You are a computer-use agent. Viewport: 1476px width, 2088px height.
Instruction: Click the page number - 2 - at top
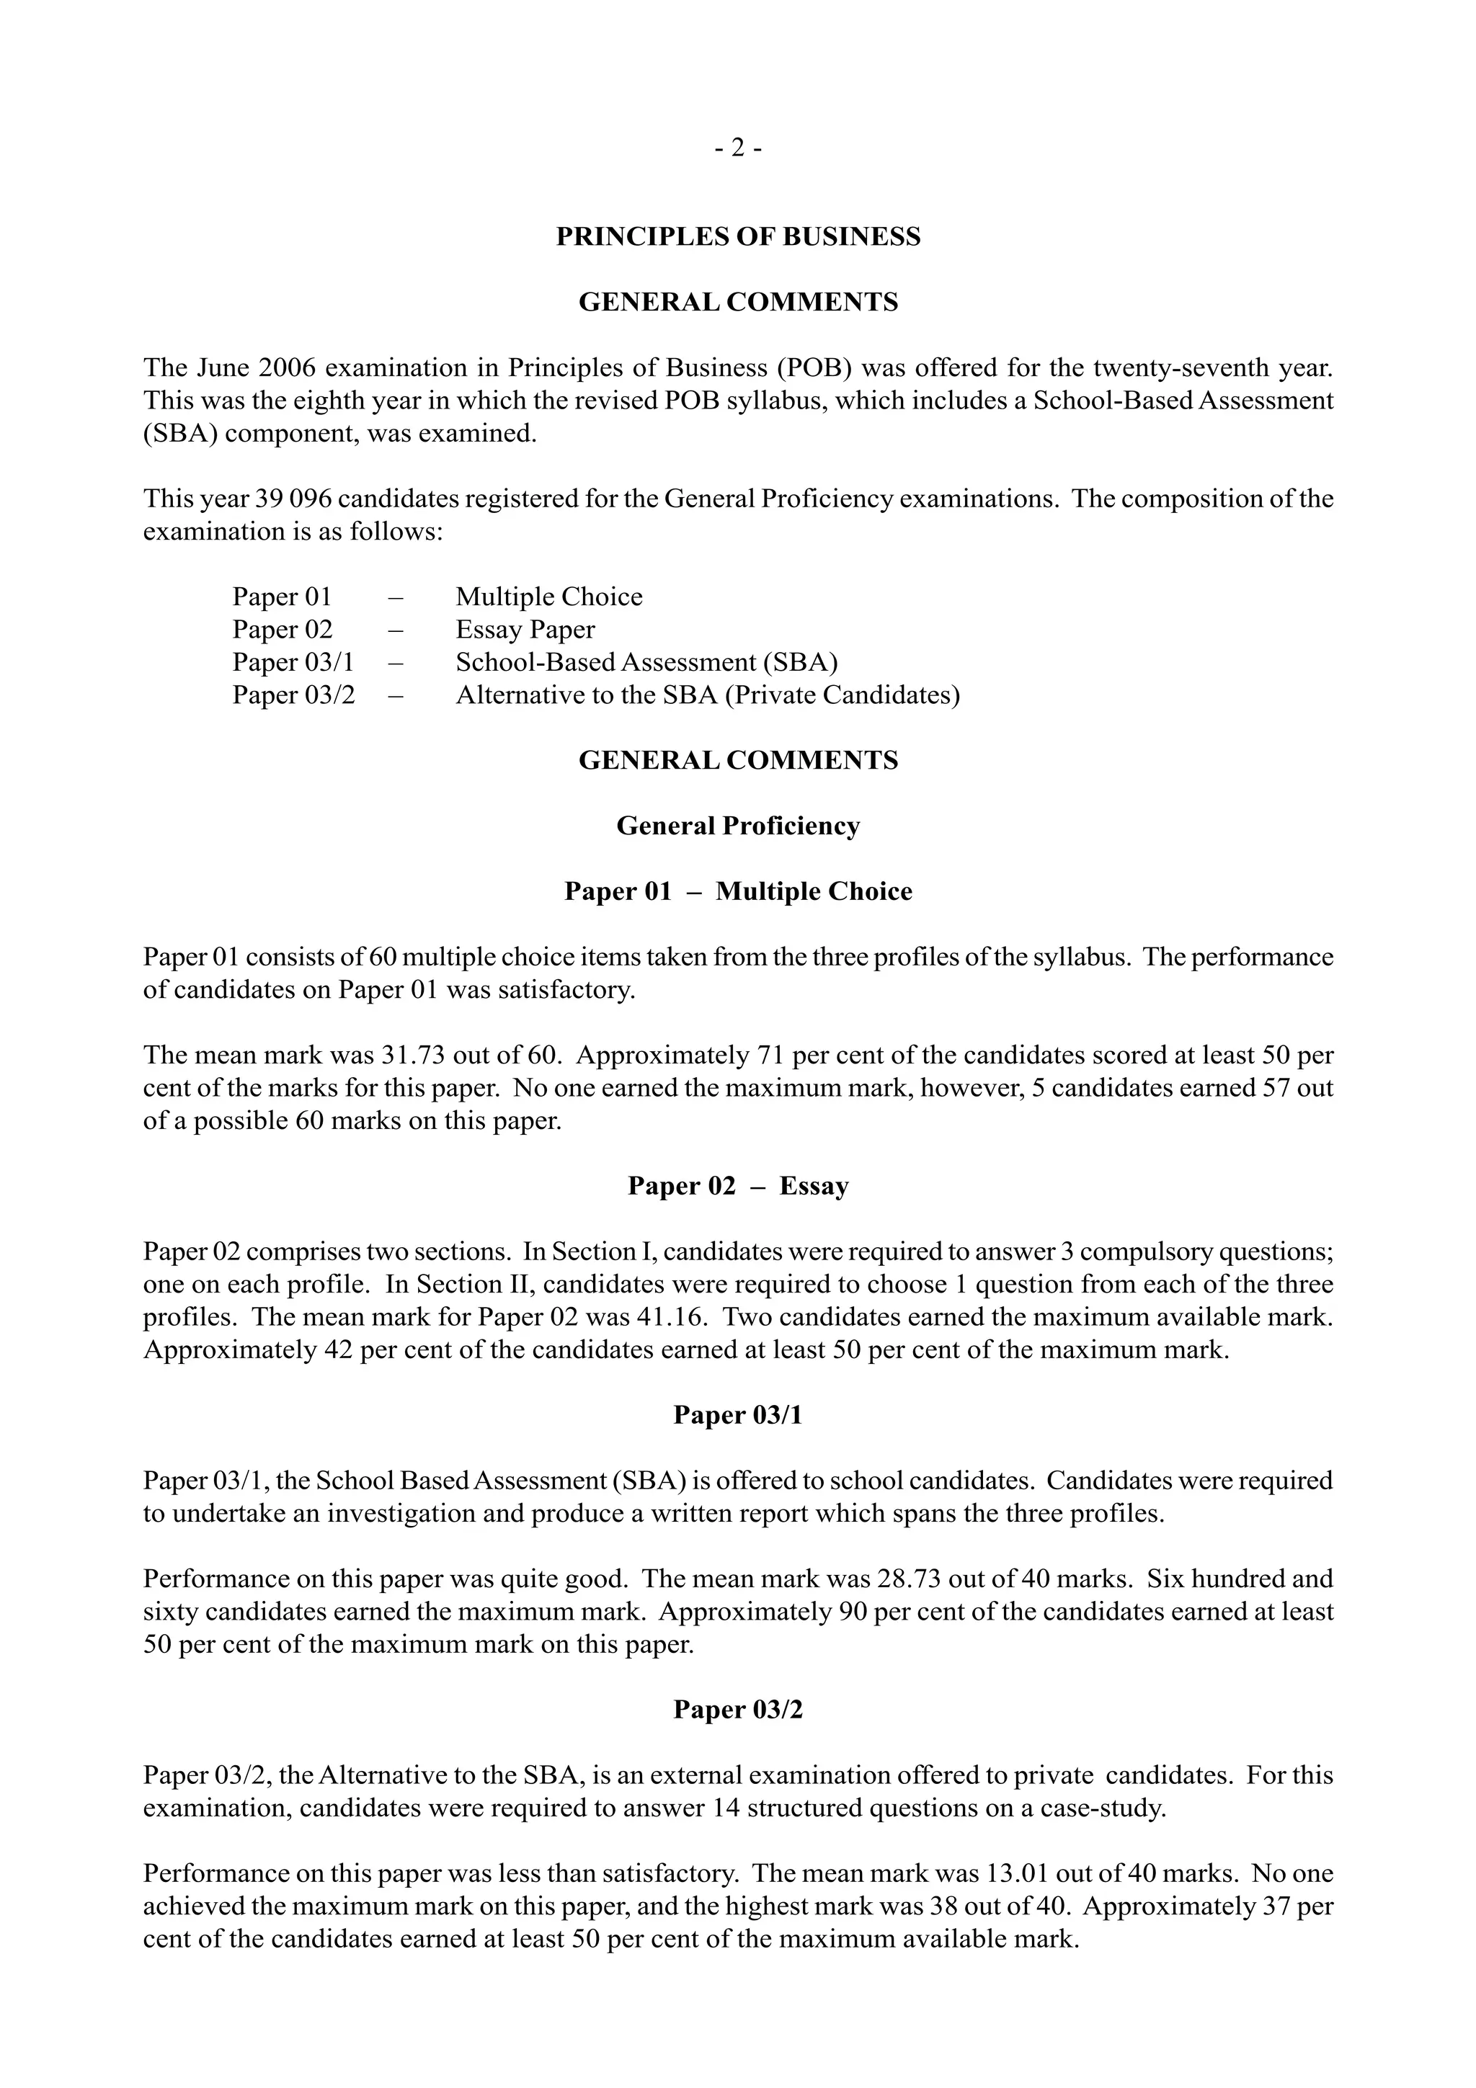click(737, 147)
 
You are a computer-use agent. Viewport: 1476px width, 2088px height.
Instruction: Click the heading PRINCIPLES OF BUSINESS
click(737, 236)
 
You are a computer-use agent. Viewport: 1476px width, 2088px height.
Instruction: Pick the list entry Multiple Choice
click(548, 597)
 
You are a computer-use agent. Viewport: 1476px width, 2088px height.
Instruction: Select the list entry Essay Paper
click(525, 630)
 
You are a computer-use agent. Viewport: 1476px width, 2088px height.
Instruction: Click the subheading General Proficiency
click(737, 826)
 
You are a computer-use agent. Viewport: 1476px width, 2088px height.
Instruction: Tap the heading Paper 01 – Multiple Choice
click(737, 891)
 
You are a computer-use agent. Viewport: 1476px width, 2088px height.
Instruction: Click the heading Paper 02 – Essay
click(737, 1186)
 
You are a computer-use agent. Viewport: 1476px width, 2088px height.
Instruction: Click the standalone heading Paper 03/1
click(737, 1415)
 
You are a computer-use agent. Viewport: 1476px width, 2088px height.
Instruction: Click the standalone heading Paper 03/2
click(737, 1710)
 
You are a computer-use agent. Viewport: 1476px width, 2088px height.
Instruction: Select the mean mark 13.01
click(1018, 1874)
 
